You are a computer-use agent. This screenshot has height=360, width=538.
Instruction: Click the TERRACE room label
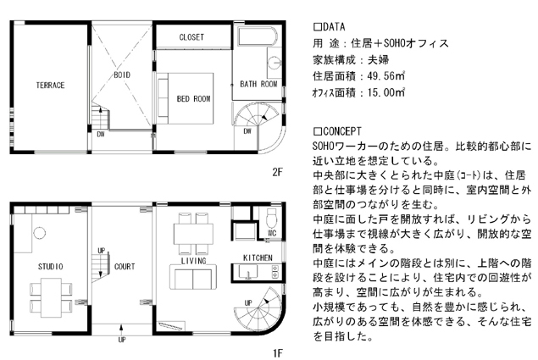click(x=51, y=85)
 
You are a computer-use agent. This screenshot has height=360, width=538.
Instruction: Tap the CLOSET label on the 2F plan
click(x=191, y=37)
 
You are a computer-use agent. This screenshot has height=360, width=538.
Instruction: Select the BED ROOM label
click(x=193, y=99)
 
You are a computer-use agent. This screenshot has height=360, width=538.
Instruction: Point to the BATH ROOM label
click(x=258, y=84)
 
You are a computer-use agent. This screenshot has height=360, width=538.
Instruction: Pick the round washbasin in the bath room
click(x=275, y=64)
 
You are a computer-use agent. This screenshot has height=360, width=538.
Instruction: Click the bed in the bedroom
click(x=186, y=98)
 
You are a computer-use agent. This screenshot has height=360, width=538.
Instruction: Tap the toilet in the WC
click(x=271, y=218)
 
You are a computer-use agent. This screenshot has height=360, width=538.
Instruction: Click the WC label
click(x=272, y=234)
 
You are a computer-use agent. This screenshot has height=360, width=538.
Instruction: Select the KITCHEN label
click(x=258, y=258)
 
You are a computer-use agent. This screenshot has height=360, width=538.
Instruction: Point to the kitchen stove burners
click(x=275, y=271)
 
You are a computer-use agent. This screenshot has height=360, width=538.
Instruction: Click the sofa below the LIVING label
click(x=193, y=277)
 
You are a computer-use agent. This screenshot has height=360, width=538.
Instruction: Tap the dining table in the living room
click(x=193, y=234)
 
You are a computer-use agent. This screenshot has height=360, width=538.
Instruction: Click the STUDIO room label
click(x=51, y=267)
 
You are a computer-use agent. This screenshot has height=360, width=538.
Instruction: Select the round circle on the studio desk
click(x=40, y=233)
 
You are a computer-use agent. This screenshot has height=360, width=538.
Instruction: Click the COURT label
click(x=125, y=267)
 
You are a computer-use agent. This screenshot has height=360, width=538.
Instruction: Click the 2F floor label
click(x=277, y=172)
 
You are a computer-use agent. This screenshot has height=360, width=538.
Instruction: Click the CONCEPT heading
click(x=337, y=131)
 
